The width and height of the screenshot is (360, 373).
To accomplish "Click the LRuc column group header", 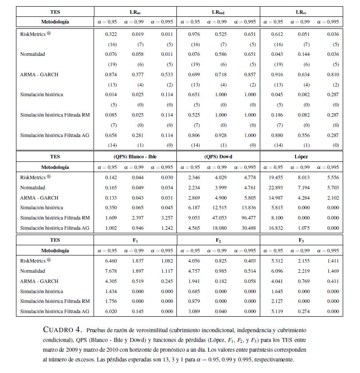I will click(x=135, y=12).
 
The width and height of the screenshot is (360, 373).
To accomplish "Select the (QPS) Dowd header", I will click(x=218, y=157).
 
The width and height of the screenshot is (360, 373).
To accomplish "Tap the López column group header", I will click(x=301, y=157).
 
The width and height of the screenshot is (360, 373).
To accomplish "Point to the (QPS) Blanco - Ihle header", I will click(x=135, y=157).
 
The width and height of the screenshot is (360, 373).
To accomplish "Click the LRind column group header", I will click(x=218, y=12).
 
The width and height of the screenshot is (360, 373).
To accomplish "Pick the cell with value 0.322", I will click(x=111, y=34).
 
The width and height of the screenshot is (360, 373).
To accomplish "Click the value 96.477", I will click(x=248, y=218).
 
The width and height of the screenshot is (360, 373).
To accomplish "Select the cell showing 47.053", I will click(x=221, y=218).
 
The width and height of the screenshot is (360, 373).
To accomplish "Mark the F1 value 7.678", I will click(x=111, y=271).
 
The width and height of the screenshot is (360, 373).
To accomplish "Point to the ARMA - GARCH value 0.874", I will click(x=111, y=75).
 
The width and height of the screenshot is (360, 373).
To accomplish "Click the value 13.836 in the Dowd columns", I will click(x=248, y=208).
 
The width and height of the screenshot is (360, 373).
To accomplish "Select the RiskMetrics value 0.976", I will click(x=194, y=34).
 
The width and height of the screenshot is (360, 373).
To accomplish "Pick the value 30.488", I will click(x=248, y=228).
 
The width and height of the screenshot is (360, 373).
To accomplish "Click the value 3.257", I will click(x=165, y=218).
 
